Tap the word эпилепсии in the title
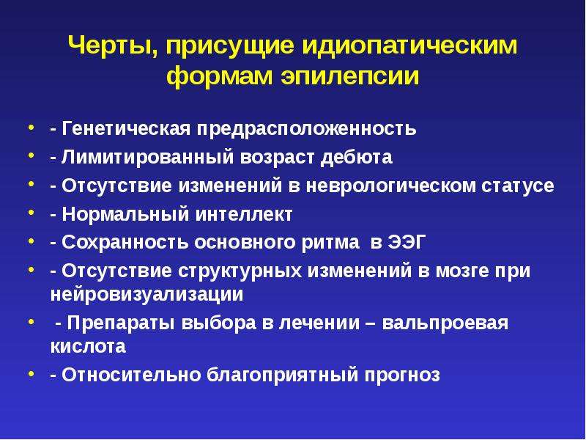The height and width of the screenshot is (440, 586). pos(350,77)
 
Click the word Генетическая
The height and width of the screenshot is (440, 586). pos(126,128)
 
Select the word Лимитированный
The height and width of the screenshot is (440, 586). pos(148,157)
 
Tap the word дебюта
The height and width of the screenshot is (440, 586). pos(357,157)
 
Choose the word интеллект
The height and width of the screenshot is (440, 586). pos(244,214)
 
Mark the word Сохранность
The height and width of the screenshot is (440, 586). pos(125,243)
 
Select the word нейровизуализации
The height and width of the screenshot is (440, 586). pos(147,295)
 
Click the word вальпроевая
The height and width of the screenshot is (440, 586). pos(445,323)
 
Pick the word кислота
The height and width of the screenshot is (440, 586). pos(88,346)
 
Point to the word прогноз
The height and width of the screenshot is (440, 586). pos(402,375)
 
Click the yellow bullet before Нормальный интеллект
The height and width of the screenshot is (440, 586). pos(31,213)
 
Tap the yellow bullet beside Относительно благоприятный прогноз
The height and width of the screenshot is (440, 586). pos(31,373)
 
